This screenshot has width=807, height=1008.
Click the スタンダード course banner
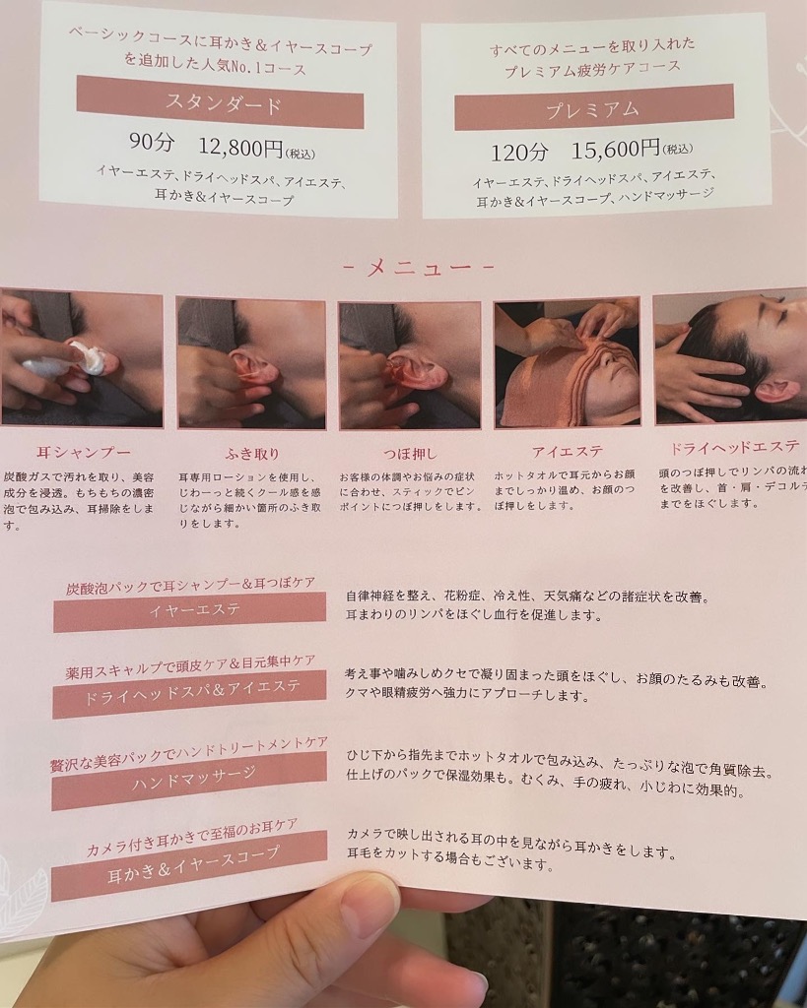(x=220, y=102)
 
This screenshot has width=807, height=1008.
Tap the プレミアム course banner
(x=594, y=107)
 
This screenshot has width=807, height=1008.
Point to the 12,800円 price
(x=240, y=148)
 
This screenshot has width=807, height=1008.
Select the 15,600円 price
(x=616, y=150)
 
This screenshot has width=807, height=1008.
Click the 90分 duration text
(x=152, y=142)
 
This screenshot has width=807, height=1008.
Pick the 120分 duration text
(x=520, y=153)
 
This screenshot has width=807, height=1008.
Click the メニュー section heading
(x=418, y=267)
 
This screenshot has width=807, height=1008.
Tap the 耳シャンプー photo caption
(x=83, y=453)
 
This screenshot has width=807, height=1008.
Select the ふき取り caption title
(x=252, y=454)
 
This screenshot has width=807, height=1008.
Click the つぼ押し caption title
(x=410, y=453)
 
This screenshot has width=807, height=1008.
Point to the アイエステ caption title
(x=567, y=451)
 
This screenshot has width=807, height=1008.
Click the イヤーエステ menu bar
(x=190, y=611)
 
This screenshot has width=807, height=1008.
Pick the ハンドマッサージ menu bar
(x=190, y=780)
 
